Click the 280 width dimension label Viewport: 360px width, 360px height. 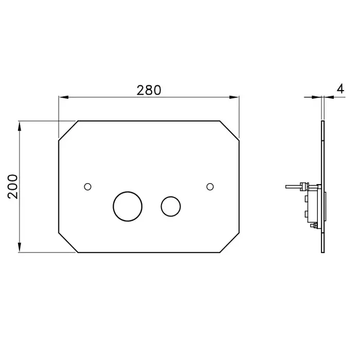click(149, 90)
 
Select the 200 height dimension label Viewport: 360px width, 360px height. click(13, 186)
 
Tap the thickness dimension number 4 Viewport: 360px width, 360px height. click(340, 88)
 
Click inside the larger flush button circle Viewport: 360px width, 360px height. click(128, 206)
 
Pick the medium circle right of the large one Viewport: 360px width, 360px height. click(171, 206)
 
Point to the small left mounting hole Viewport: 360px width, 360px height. click(88, 187)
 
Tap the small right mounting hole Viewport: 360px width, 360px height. click(210, 187)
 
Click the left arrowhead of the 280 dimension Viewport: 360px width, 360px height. click(64, 97)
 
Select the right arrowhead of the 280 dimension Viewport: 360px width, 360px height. click(234, 97)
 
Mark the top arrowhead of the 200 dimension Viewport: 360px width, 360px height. click(20, 127)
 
